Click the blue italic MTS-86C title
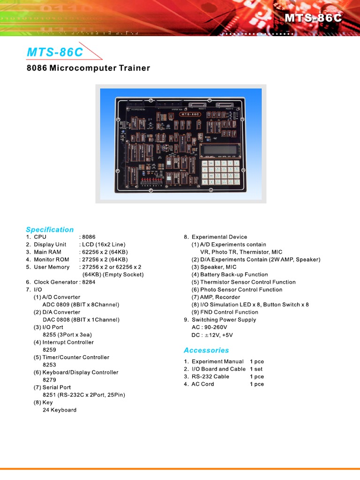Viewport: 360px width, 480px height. pos(55,52)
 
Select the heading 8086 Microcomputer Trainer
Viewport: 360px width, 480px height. pos(88,68)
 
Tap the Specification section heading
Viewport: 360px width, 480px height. pos(50,229)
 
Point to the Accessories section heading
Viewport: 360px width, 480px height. pos(206,350)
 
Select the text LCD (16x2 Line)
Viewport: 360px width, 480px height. pos(104,245)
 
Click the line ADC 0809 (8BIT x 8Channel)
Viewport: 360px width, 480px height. pos(81,305)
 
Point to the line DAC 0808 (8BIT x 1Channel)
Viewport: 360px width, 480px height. pos(81,320)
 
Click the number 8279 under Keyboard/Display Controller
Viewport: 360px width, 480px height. pos(49,380)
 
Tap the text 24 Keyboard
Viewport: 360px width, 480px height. pos(60,410)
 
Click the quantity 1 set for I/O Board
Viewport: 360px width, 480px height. pos(256,369)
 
